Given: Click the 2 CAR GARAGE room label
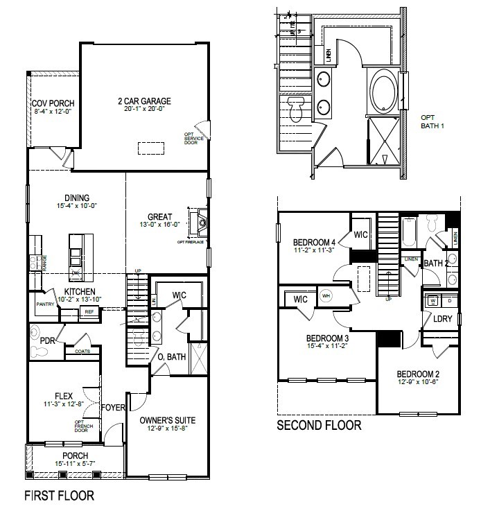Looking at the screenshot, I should tap(144, 101).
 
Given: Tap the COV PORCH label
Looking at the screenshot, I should tap(53, 103).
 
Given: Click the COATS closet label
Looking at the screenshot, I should tap(82, 352).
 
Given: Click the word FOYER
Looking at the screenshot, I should tap(114, 408).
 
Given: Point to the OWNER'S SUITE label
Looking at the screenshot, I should tap(167, 420).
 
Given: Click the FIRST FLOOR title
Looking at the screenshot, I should tap(59, 496).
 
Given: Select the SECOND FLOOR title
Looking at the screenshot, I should tap(319, 425).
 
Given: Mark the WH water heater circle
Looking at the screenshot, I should tap(326, 296).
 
